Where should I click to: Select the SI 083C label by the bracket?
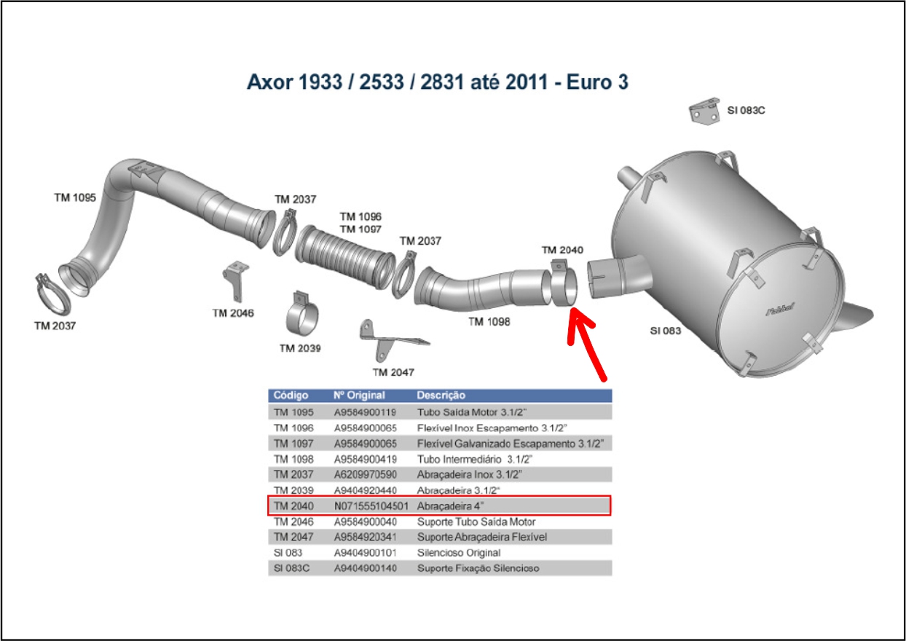coord(746,111)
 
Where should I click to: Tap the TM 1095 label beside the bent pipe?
coord(75,197)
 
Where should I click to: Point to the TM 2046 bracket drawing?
coord(235,281)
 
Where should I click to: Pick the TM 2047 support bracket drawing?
coord(387,340)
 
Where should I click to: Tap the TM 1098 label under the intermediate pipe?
coord(489,322)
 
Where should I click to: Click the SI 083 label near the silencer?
coord(666,331)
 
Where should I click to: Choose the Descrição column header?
coord(441,395)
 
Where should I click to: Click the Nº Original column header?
coord(359,395)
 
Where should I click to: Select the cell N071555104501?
coord(371,506)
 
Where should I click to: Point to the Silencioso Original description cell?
coord(459,553)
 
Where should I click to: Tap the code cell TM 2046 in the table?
coord(294,522)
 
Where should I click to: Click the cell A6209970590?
coord(365,474)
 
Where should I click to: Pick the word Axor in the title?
coord(269,82)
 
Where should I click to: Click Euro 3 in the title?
coord(597,82)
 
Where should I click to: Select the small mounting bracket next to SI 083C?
coord(704,111)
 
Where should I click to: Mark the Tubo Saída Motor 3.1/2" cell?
coord(472,412)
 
